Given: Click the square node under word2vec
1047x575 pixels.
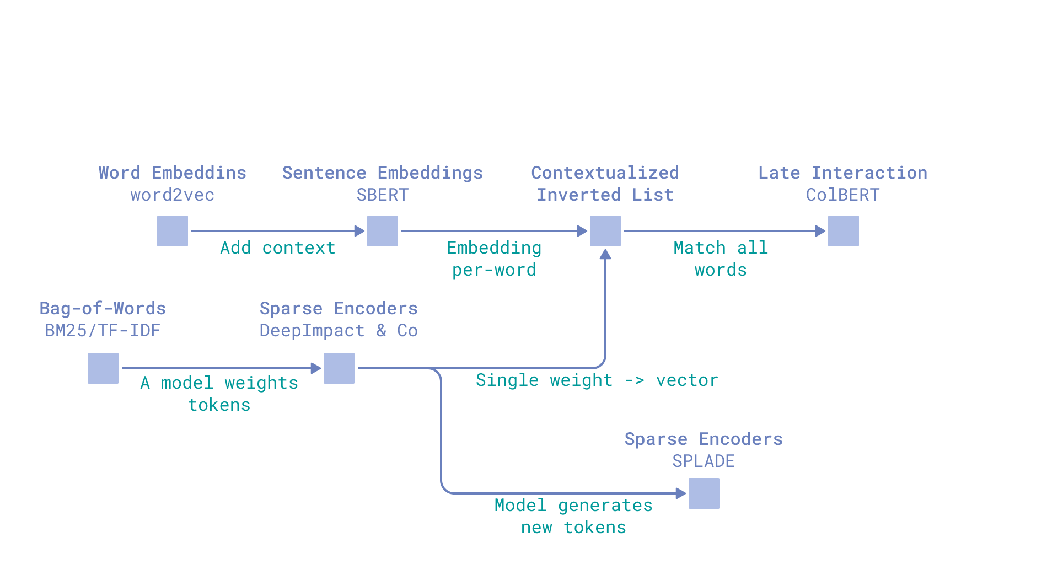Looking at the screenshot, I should (x=172, y=231).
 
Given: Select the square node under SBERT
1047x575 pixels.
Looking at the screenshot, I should (x=382, y=231).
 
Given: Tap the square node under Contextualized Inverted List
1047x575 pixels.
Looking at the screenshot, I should (x=605, y=231).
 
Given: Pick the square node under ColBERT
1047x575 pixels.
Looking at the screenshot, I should (x=843, y=231).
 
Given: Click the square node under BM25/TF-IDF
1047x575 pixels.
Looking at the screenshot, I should (x=103, y=368).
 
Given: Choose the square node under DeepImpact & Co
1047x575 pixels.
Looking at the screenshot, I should (x=339, y=368).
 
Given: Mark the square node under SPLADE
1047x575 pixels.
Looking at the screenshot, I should (x=704, y=493).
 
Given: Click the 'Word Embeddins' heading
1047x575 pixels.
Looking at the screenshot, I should (x=172, y=173).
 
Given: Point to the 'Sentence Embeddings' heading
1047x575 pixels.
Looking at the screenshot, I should (x=382, y=173).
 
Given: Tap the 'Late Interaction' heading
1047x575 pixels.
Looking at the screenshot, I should (x=842, y=173).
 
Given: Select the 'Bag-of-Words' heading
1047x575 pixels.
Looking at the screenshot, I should (x=103, y=309).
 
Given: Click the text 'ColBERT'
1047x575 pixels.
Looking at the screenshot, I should (x=842, y=195).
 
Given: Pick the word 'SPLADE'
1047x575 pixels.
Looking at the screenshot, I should (x=704, y=461).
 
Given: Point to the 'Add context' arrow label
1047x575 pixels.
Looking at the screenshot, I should (x=278, y=248).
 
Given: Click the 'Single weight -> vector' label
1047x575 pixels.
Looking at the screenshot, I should (x=597, y=380).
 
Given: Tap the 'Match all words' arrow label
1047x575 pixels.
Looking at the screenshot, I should (x=721, y=259).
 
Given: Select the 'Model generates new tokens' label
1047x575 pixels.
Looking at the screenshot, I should (x=573, y=517).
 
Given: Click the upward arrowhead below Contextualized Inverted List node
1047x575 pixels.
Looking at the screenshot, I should (x=605, y=254).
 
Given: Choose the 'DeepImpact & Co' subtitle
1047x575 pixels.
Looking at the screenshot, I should (x=339, y=331).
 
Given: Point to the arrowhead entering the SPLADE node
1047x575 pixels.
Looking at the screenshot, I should (x=681, y=493).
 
